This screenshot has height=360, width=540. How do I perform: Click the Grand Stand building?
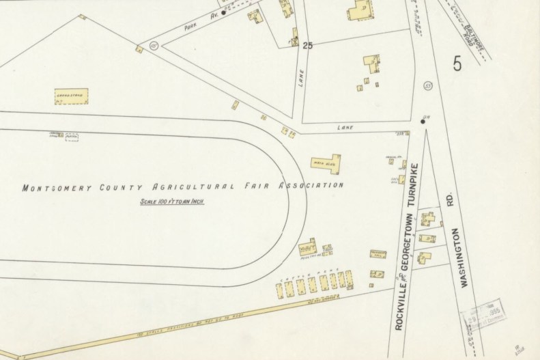[x=72, y=96]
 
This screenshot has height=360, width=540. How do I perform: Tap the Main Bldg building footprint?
[x=326, y=164]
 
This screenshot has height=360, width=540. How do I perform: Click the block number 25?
[x=307, y=46]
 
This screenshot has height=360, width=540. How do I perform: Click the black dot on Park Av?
[x=223, y=12]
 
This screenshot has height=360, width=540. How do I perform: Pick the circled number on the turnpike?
[x=428, y=85]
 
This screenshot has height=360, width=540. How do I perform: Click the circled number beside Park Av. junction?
[x=153, y=46]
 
